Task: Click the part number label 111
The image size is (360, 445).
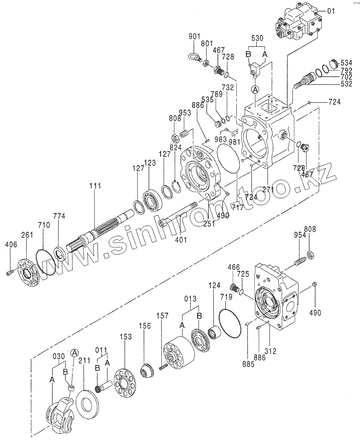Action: click(x=95, y=186)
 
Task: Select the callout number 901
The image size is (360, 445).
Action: click(x=194, y=36)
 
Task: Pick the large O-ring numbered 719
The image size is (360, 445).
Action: click(x=230, y=323)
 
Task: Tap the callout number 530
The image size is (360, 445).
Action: click(x=257, y=38)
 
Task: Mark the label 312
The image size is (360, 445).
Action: click(x=271, y=351)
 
